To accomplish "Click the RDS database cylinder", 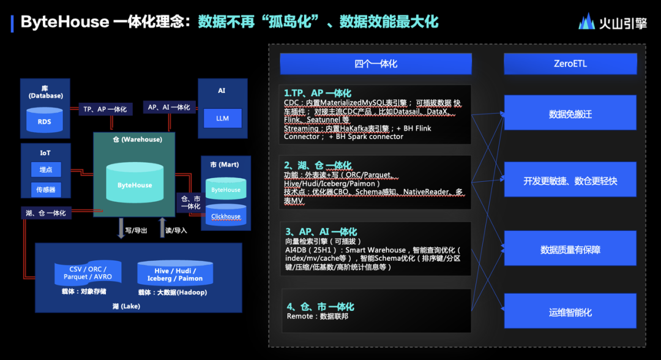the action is (x=45, y=120).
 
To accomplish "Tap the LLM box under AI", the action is (x=223, y=118).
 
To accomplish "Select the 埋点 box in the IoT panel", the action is (x=46, y=170).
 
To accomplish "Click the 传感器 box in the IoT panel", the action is (x=46, y=190).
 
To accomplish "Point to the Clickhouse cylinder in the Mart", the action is (x=226, y=215).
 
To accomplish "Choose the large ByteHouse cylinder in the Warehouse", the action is (x=135, y=182).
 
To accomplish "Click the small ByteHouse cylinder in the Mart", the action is (x=226, y=189).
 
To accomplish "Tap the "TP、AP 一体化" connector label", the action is (x=105, y=109).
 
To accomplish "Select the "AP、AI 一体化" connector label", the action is (x=169, y=107).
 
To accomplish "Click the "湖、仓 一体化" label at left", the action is (x=47, y=213).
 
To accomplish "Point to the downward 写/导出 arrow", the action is (x=121, y=228).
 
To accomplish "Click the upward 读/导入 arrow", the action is (x=162, y=228).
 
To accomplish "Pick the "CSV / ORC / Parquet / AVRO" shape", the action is (x=88, y=272).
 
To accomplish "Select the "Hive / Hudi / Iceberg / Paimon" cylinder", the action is (x=175, y=273).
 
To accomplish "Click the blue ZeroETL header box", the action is (x=570, y=64).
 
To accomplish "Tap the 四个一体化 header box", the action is (x=376, y=64).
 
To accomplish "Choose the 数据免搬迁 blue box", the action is (x=570, y=113).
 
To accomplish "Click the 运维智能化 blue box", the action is (x=570, y=311).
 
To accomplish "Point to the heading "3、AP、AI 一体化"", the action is (x=321, y=231).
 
